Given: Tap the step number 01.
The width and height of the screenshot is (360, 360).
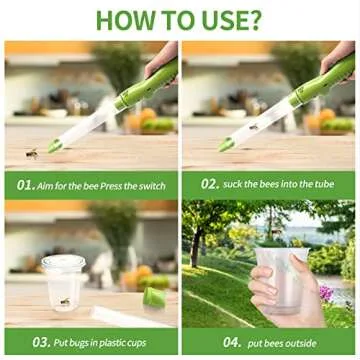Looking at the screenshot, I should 28,184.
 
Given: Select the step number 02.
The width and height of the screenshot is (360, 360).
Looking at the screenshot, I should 209,184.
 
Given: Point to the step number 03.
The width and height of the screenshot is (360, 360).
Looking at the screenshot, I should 42,341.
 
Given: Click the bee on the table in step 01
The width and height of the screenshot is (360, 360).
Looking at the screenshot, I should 31,152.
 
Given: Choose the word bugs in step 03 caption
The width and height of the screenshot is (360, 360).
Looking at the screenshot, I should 78,341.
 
